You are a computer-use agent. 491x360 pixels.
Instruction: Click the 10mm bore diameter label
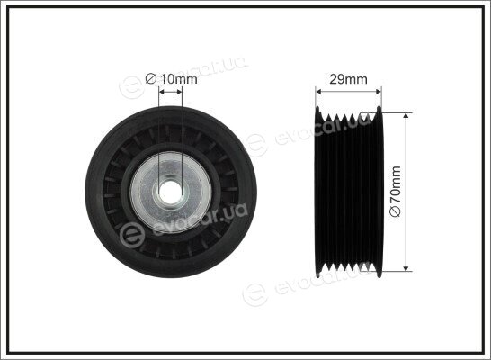tap(171, 79)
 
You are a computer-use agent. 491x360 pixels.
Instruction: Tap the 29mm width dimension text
tap(348, 79)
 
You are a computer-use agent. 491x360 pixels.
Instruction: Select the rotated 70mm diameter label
tap(395, 192)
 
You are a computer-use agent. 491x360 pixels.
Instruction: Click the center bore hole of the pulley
tap(171, 193)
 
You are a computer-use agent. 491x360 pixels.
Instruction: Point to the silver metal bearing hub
tap(171, 193)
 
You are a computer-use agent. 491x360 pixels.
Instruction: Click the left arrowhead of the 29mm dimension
tap(318, 92)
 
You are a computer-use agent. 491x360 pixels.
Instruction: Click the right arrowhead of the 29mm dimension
tap(379, 92)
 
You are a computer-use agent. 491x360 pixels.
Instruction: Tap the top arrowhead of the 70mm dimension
tap(406, 116)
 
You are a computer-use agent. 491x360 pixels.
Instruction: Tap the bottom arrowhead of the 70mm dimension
tap(406, 268)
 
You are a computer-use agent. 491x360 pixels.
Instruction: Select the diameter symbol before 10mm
tap(150, 79)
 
